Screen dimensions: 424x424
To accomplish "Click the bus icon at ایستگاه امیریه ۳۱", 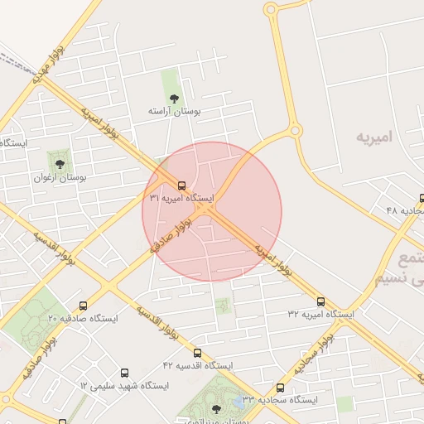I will [x=181, y=186].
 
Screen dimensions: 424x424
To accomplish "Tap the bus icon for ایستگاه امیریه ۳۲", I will [x=320, y=302].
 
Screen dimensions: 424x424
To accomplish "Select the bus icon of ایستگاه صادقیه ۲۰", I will [x=82, y=306].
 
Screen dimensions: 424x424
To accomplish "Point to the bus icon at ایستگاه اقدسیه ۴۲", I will [x=197, y=353].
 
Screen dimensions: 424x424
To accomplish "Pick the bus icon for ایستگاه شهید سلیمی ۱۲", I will [x=125, y=373].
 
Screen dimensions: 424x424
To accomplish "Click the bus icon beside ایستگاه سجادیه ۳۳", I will [x=280, y=387].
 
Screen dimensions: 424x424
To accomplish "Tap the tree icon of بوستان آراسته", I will [x=174, y=99].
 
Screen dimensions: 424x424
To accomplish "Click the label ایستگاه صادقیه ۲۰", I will [x=82, y=318].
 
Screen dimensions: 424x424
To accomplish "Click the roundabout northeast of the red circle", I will [x=293, y=131].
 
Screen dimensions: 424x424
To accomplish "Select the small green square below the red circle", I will [x=222, y=306].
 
